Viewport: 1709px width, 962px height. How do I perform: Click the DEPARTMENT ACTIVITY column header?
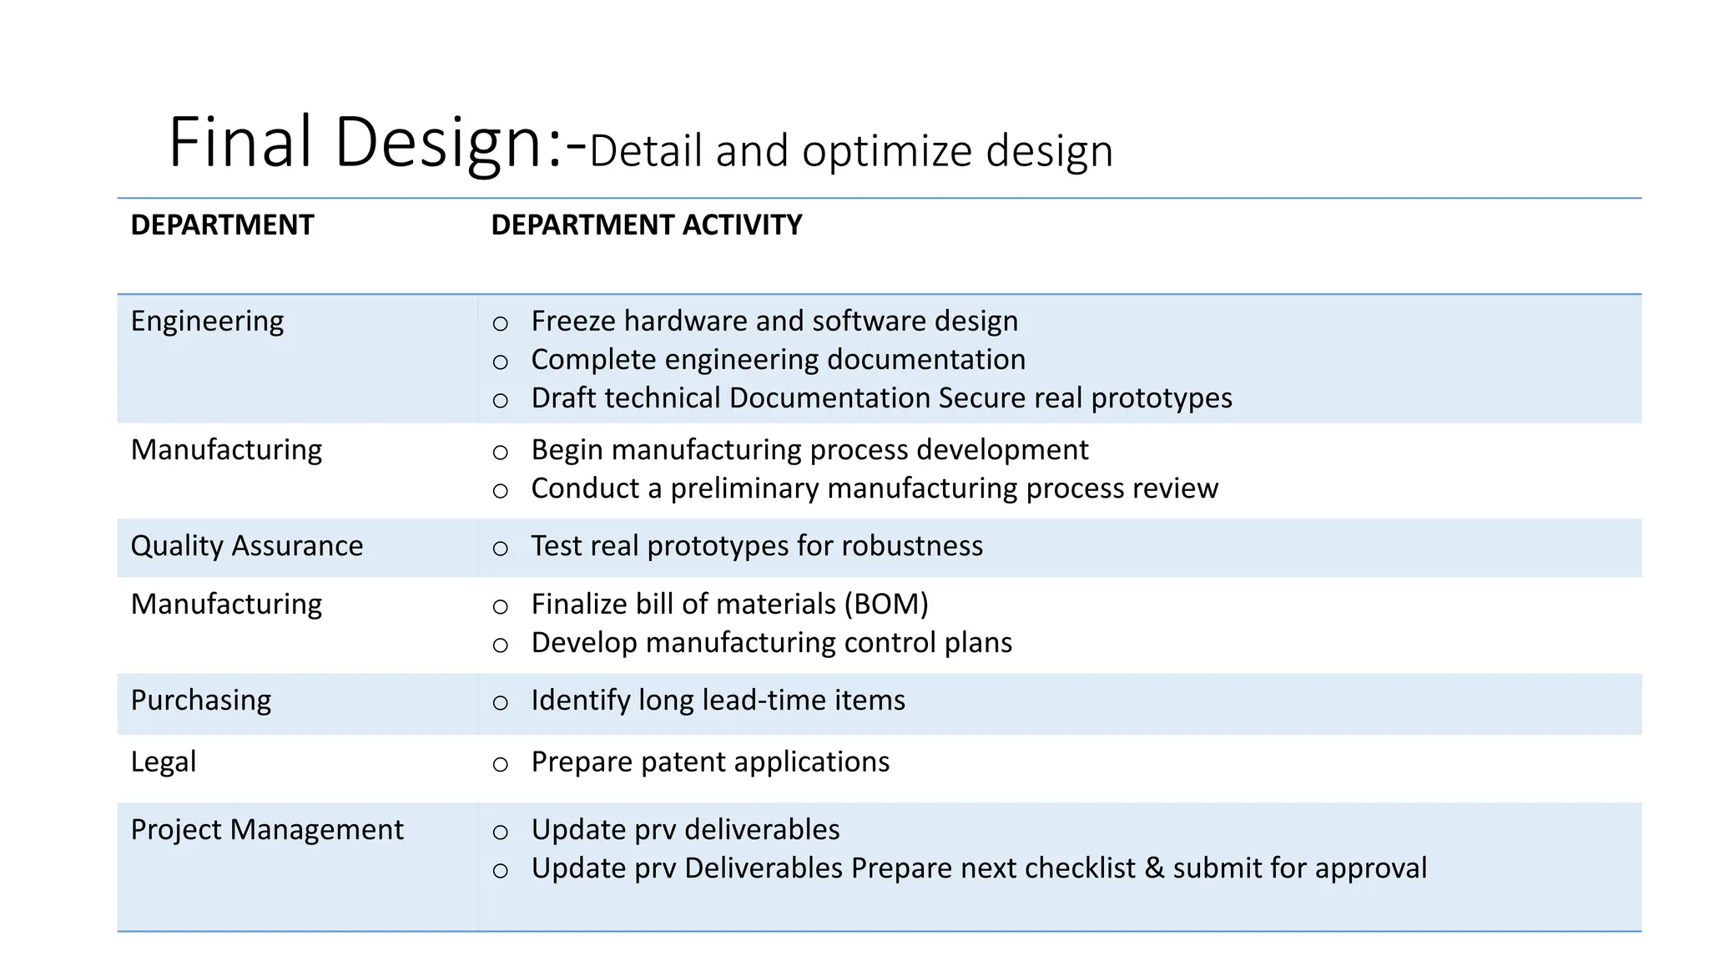pyautogui.click(x=646, y=225)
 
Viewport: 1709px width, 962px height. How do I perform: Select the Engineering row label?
pyautogui.click(x=207, y=322)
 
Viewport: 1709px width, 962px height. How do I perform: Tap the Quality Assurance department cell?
pyautogui.click(x=247, y=546)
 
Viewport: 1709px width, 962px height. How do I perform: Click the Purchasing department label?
pyautogui.click(x=201, y=701)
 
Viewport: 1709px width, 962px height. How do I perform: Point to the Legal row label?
pyautogui.click(x=164, y=762)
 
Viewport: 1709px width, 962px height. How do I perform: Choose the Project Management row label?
pyautogui.click(x=267, y=830)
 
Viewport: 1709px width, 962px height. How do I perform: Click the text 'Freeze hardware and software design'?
pyautogui.click(x=774, y=322)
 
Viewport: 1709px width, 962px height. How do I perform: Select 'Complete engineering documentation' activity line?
pyautogui.click(x=778, y=360)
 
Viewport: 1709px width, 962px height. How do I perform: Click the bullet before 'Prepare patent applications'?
pyautogui.click(x=500, y=764)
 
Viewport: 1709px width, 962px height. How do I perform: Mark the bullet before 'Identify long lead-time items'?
pyautogui.click(x=500, y=702)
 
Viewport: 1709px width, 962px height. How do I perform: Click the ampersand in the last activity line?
pyautogui.click(x=1154, y=868)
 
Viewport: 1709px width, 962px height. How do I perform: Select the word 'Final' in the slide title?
pyautogui.click(x=240, y=142)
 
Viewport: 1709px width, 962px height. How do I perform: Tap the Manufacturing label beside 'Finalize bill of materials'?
pyautogui.click(x=226, y=605)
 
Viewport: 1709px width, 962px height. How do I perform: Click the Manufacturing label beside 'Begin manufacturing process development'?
pyautogui.click(x=226, y=450)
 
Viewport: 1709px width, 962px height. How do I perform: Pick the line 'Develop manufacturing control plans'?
pyautogui.click(x=771, y=643)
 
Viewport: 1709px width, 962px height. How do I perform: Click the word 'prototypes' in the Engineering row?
pyautogui.click(x=1161, y=398)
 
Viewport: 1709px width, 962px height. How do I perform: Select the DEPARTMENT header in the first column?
pyautogui.click(x=222, y=225)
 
